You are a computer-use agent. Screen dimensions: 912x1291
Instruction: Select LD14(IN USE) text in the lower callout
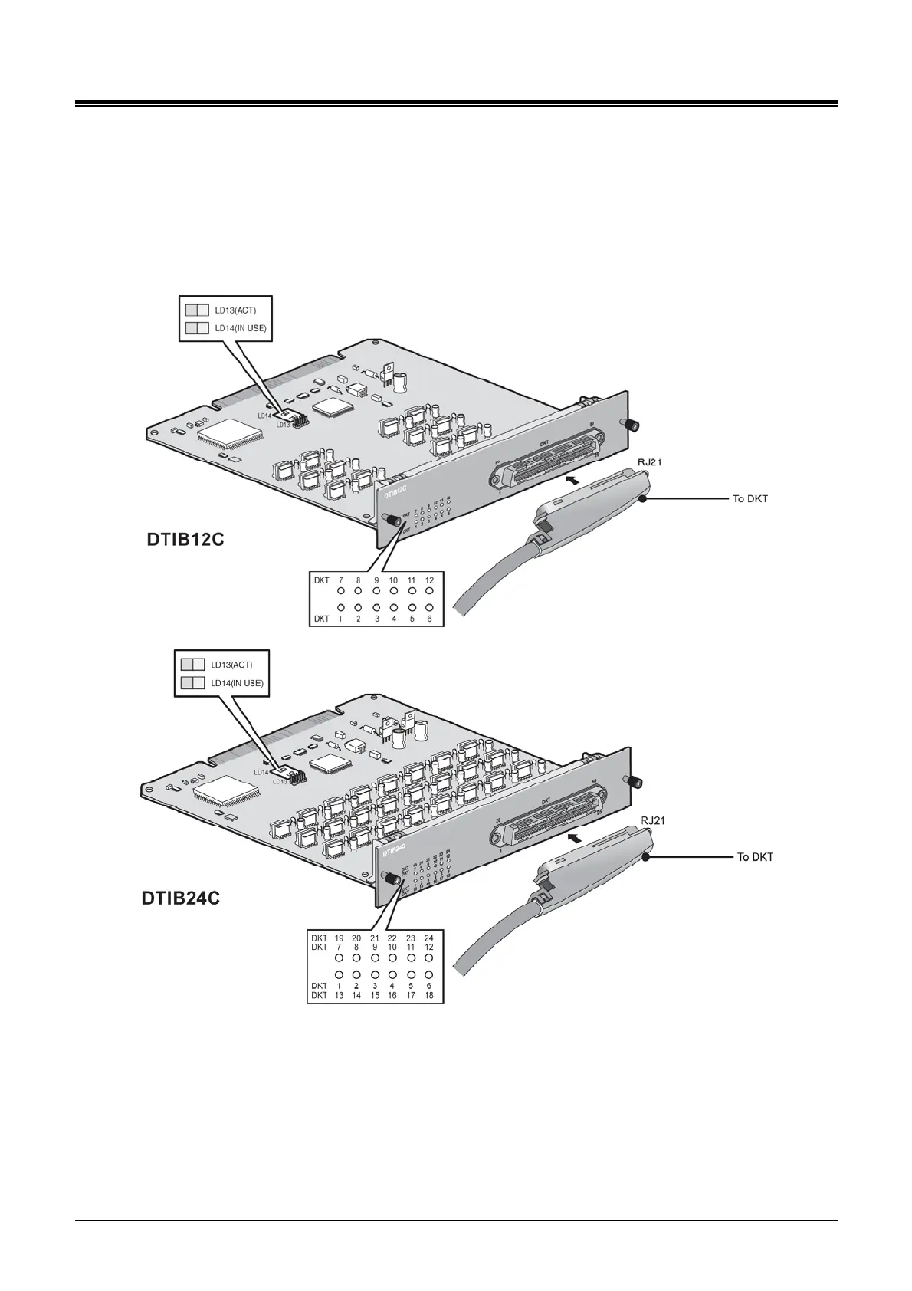click(x=238, y=682)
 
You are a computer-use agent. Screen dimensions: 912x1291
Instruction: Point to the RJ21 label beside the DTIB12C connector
click(x=654, y=464)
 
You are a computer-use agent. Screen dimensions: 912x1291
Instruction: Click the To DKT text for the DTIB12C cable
click(x=750, y=499)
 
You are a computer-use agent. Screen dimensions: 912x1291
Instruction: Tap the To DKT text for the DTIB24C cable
click(x=755, y=856)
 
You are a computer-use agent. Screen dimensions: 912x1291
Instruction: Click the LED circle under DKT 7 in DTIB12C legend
click(x=340, y=592)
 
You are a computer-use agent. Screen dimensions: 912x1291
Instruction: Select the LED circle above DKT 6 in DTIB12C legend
click(x=429, y=607)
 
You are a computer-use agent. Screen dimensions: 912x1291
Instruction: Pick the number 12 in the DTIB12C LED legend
click(x=429, y=580)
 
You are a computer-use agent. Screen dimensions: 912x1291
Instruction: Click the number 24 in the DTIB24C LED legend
click(x=429, y=938)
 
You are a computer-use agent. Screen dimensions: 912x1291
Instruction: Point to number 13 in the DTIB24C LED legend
click(x=339, y=995)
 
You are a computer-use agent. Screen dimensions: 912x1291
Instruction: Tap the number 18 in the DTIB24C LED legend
click(x=429, y=995)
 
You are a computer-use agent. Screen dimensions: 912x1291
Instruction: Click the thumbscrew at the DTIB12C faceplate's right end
click(x=634, y=425)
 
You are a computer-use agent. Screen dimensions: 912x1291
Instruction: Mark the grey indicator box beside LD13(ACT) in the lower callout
click(x=192, y=665)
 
